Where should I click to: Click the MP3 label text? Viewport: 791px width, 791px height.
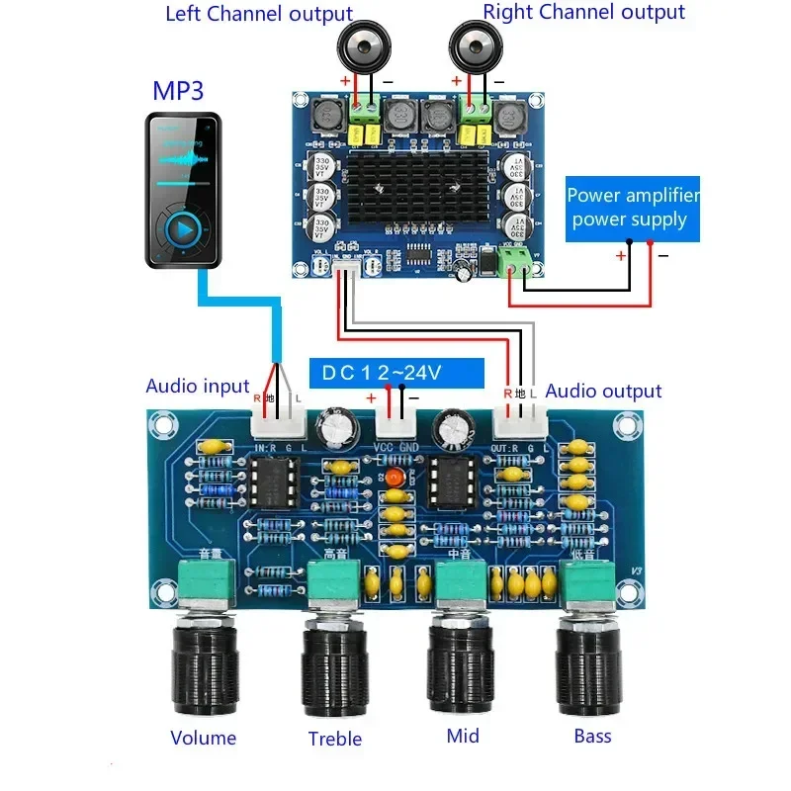[178, 91]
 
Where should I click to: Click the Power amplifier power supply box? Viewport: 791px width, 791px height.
[633, 208]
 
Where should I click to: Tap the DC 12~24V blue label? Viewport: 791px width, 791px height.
[396, 373]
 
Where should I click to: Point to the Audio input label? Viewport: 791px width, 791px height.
[198, 387]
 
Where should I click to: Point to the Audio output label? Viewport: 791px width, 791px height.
[603, 391]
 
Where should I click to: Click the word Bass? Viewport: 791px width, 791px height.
[592, 736]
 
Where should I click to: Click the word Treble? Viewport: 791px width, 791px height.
[335, 739]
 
